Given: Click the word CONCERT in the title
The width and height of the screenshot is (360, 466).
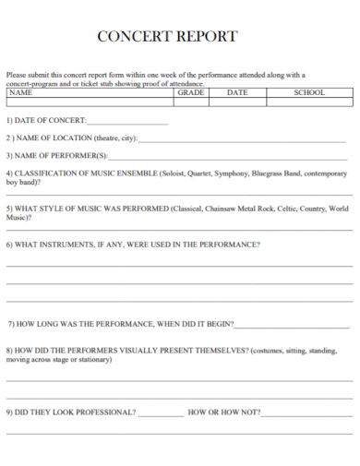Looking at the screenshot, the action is (x=136, y=37).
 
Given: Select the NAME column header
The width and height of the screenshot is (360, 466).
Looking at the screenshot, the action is (x=20, y=93).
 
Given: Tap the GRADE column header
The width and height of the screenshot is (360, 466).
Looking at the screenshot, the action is (x=191, y=93).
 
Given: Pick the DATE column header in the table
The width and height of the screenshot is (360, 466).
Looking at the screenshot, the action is (x=237, y=93).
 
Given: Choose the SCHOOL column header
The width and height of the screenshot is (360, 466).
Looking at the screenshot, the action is (x=309, y=93).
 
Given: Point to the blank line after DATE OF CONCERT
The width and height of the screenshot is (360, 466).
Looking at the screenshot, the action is (x=127, y=122).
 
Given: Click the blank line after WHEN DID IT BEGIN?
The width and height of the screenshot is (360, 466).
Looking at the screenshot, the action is (x=292, y=325).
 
